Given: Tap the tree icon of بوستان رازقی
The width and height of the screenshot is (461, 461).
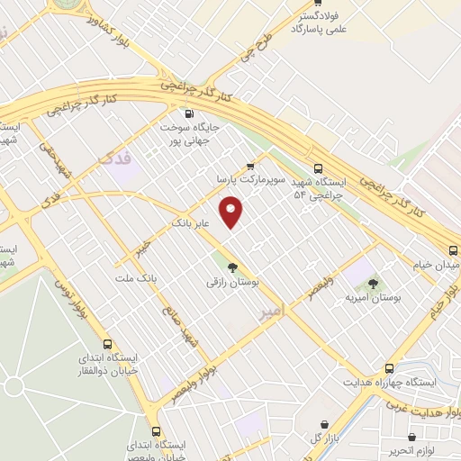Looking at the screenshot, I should pyautogui.click(x=233, y=267).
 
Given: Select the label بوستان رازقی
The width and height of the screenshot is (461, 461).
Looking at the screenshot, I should pyautogui.click(x=233, y=282).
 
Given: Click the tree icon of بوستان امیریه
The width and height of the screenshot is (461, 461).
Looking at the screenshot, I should pyautogui.click(x=374, y=284).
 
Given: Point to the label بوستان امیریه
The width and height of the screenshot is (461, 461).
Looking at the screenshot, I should pyautogui.click(x=373, y=297).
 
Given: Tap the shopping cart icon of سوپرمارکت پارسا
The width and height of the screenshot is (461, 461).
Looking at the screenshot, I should pyautogui.click(x=251, y=167).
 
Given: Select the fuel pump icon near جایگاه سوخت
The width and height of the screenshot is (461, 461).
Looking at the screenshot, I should pyautogui.click(x=189, y=113).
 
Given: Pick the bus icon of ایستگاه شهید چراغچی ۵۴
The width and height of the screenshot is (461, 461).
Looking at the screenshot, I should pyautogui.click(x=317, y=167).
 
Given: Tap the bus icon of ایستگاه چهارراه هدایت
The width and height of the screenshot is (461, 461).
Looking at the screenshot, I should pyautogui.click(x=389, y=368).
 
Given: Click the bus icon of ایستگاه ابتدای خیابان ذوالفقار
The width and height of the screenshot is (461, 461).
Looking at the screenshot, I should pyautogui.click(x=109, y=344).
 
